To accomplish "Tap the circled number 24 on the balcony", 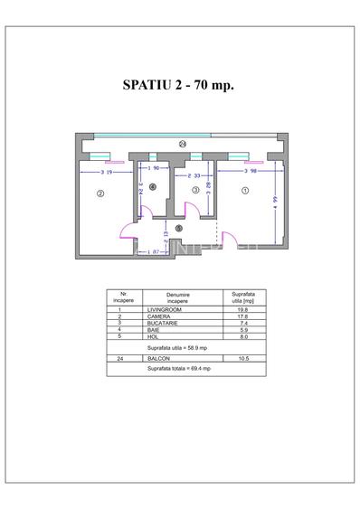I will click(x=183, y=144).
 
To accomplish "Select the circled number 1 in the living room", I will click(x=245, y=191).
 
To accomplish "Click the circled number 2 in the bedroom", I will click(x=100, y=193).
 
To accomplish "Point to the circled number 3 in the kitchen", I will click(x=195, y=190).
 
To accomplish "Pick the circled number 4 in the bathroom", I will click(x=153, y=187).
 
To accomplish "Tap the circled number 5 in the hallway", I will click(x=179, y=228).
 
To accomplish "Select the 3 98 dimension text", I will click(x=253, y=170).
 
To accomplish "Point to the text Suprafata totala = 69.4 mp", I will click(x=180, y=369).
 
